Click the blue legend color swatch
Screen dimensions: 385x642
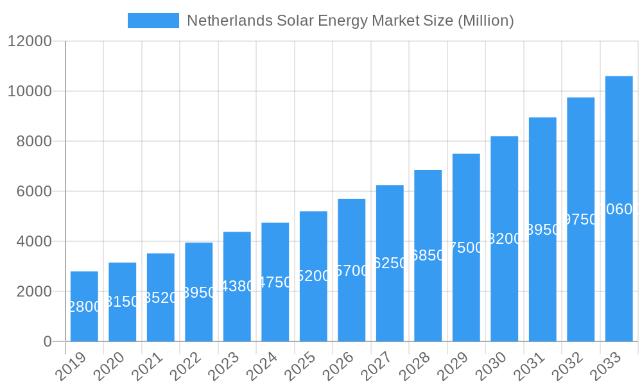point(153,21)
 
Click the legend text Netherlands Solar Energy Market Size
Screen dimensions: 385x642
point(350,21)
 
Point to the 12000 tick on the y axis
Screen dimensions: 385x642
point(30,42)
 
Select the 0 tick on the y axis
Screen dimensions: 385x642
point(48,341)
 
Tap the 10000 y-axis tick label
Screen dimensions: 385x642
point(30,92)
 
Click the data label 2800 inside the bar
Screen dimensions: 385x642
point(84,307)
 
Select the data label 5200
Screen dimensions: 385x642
point(313,276)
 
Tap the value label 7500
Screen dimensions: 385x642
point(466,248)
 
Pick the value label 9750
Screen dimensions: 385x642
point(580,219)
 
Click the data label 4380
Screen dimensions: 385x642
point(237,286)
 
